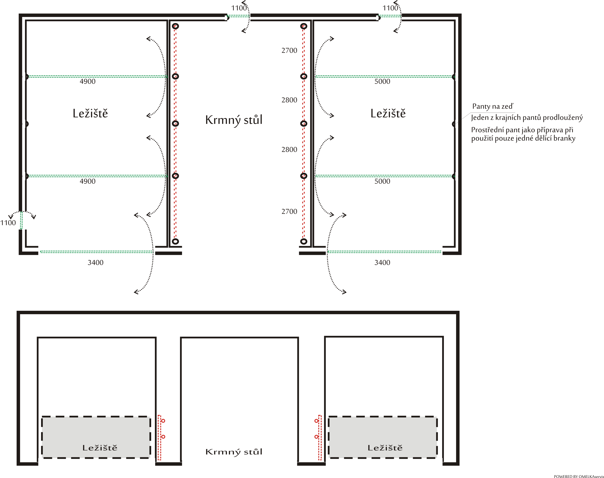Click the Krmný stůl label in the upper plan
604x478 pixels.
[234, 120]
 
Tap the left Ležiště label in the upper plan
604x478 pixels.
[90, 113]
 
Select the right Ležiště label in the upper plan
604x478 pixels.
[388, 113]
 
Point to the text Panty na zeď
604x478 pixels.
[493, 106]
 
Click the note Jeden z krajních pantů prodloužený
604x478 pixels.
[527, 118]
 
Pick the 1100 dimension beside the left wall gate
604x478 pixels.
[8, 223]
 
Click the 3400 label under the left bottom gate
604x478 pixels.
[95, 262]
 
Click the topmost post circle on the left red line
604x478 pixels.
[175, 26]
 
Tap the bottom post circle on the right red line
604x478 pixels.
[304, 241]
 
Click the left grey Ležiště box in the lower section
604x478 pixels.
[96, 437]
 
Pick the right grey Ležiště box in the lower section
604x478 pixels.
[383, 437]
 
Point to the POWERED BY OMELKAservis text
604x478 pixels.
[579, 476]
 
